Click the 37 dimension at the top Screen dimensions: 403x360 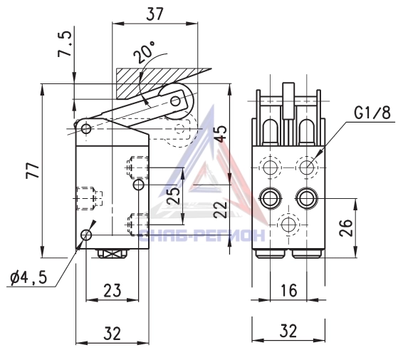[155, 14]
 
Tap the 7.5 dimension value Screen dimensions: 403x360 [64, 43]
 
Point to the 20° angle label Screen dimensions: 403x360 [145, 52]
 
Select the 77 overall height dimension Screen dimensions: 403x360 [33, 170]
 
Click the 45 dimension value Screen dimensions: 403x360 [221, 133]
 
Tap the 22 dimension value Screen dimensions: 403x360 [221, 209]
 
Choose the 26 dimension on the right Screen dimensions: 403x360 [346, 227]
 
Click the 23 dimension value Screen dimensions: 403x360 [112, 291]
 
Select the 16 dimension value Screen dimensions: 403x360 [289, 290]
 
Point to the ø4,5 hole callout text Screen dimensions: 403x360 [28, 278]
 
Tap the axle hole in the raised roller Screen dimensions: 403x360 [176, 101]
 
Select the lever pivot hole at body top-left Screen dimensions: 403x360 [86, 128]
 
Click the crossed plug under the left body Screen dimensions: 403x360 [112, 254]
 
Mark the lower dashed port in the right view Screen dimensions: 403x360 [288, 225]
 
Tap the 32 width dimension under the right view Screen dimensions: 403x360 [288, 331]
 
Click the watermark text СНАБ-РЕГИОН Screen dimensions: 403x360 [201, 235]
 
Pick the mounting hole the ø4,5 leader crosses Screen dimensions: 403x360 [86, 235]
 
